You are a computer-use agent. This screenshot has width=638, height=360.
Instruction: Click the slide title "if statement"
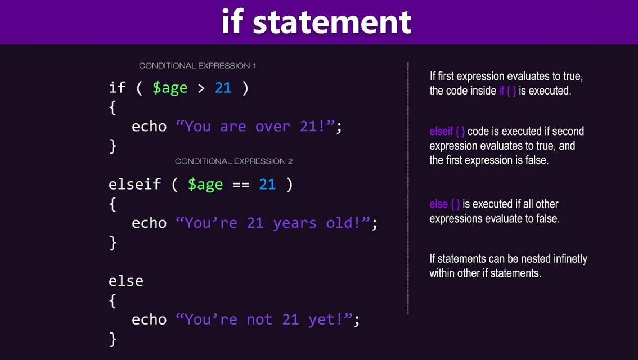[x=316, y=22]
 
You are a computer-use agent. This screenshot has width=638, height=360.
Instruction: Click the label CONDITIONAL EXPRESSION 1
[x=197, y=66]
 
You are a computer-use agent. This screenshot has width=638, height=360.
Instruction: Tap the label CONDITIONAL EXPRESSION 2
[x=233, y=161]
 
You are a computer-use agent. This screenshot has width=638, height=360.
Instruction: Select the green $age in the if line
[x=170, y=88]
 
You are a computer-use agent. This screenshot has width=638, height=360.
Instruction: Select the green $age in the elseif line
[x=205, y=185]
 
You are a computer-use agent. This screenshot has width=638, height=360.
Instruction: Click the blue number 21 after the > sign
[x=223, y=88]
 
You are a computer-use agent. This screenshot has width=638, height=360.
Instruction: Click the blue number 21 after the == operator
[x=267, y=184]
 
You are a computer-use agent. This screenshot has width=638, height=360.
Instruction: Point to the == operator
[x=241, y=184]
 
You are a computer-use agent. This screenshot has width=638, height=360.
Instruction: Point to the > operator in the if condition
[x=201, y=88]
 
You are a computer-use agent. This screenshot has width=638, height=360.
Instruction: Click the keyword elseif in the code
[x=134, y=184]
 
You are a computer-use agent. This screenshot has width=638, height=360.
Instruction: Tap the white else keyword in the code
[x=126, y=281]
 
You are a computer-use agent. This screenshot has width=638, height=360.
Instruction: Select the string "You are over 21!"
[x=258, y=127]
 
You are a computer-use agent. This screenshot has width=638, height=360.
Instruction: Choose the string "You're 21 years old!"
[x=276, y=223]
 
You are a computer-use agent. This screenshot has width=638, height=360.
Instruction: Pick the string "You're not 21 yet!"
[x=267, y=320]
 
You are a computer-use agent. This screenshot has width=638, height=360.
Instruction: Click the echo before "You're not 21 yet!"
[x=149, y=320]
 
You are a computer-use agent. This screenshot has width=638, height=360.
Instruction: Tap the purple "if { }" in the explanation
[x=507, y=91]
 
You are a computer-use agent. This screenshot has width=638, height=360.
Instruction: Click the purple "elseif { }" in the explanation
[x=447, y=132]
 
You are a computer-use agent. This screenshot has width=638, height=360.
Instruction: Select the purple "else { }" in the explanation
[x=444, y=204]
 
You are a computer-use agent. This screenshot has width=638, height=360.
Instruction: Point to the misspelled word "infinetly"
[x=565, y=259]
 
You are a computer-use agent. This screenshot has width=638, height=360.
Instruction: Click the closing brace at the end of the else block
[x=113, y=339]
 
